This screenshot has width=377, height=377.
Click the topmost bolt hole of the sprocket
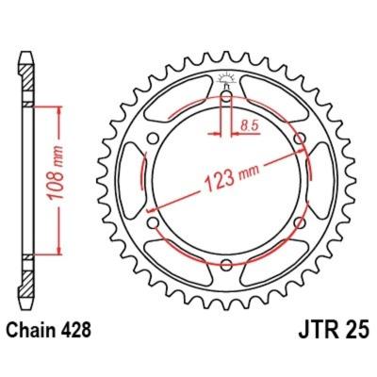pyautogui.click(x=227, y=94)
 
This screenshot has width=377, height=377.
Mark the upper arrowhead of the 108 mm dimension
pyautogui.click(x=60, y=111)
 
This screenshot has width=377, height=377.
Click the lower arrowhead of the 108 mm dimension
pyautogui.click(x=60, y=248)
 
